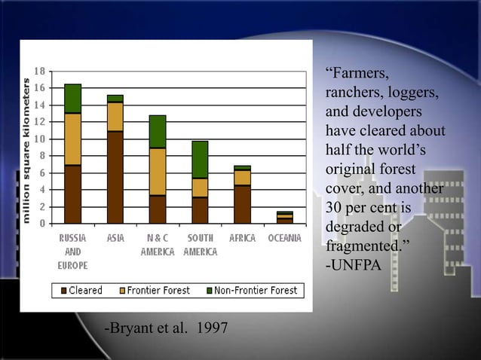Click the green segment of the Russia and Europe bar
[x=72, y=99]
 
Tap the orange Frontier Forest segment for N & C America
[x=158, y=172]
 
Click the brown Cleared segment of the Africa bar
[x=242, y=204]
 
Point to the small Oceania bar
[x=284, y=218]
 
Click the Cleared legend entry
[x=81, y=291]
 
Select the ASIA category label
[x=115, y=238]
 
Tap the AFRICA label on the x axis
[x=242, y=238]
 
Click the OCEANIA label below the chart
[x=284, y=238]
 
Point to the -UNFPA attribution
[x=351, y=264]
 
